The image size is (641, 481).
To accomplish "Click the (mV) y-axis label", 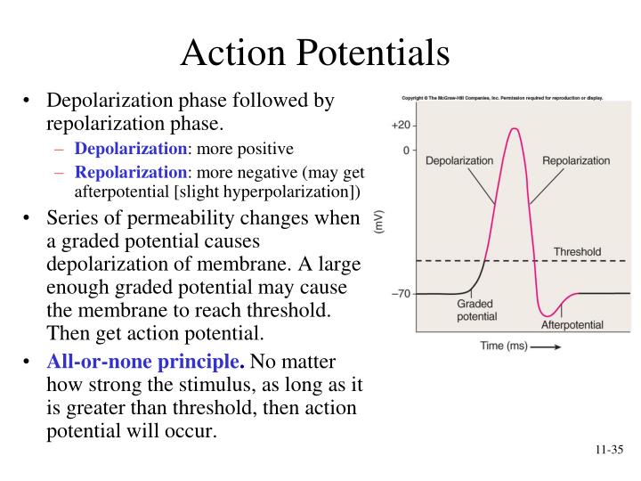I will (378, 222).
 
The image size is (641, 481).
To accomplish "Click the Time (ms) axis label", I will (503, 346).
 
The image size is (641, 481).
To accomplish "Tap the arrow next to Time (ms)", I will (545, 346).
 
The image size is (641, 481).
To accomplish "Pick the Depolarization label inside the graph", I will (458, 161).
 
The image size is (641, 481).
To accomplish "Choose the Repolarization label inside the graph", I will (576, 161).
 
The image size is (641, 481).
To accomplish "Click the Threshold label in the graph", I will (577, 252).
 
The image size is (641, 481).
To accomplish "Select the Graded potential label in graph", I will (476, 310).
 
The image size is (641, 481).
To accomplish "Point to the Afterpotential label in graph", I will (572, 324).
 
